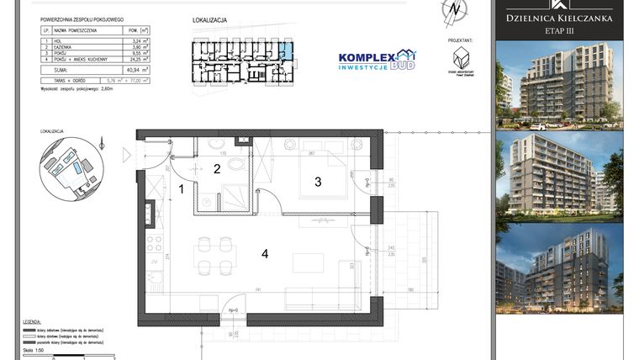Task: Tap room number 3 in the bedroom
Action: [318, 181]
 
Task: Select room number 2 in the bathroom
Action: [216, 169]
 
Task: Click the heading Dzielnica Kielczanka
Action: [558, 17]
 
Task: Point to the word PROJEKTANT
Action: [460, 40]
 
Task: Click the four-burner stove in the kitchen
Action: [154, 245]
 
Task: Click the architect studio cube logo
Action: [460, 58]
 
